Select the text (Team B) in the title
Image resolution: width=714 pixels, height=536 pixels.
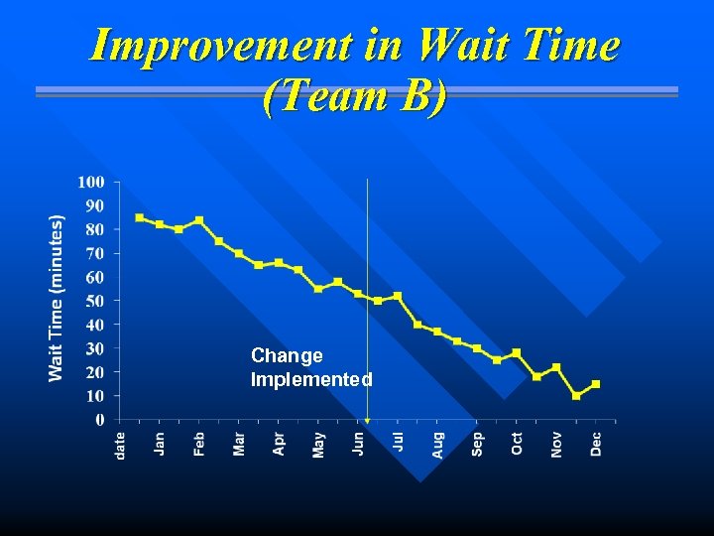[355, 96]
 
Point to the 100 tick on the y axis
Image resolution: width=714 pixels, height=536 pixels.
[91, 182]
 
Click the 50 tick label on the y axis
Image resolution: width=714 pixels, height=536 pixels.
[94, 301]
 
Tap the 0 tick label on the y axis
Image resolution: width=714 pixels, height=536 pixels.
[99, 420]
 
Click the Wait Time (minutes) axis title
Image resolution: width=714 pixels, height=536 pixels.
[57, 298]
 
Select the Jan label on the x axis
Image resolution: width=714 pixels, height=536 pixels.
[160, 442]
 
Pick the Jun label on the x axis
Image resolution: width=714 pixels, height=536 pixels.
[358, 442]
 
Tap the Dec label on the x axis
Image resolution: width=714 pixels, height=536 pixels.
[596, 443]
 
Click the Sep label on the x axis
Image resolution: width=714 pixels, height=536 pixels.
[477, 443]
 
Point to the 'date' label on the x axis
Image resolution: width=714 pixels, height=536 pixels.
[120, 444]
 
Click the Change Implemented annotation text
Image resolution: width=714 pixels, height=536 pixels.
[311, 367]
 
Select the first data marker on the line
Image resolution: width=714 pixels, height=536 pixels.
[140, 217]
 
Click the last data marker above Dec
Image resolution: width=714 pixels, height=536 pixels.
[596, 384]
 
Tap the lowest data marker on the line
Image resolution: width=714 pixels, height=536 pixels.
[576, 396]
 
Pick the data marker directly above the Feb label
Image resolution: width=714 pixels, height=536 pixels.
[199, 220]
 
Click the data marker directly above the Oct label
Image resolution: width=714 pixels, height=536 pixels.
[517, 352]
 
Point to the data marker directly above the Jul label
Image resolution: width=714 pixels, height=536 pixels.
[398, 296]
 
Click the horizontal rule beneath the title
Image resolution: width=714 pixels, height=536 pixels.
[357, 91]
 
